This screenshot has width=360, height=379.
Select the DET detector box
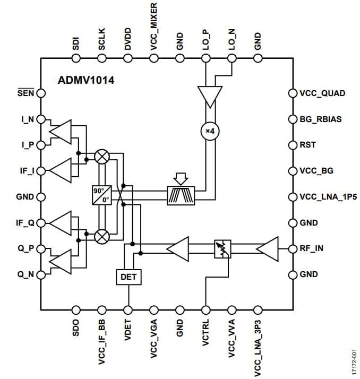128,276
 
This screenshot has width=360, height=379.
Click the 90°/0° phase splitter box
101,195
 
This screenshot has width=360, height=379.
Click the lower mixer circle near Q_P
101,235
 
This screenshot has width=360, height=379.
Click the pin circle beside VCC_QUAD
292,93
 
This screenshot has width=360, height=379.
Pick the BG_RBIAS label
320,119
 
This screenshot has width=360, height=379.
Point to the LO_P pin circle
205,59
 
